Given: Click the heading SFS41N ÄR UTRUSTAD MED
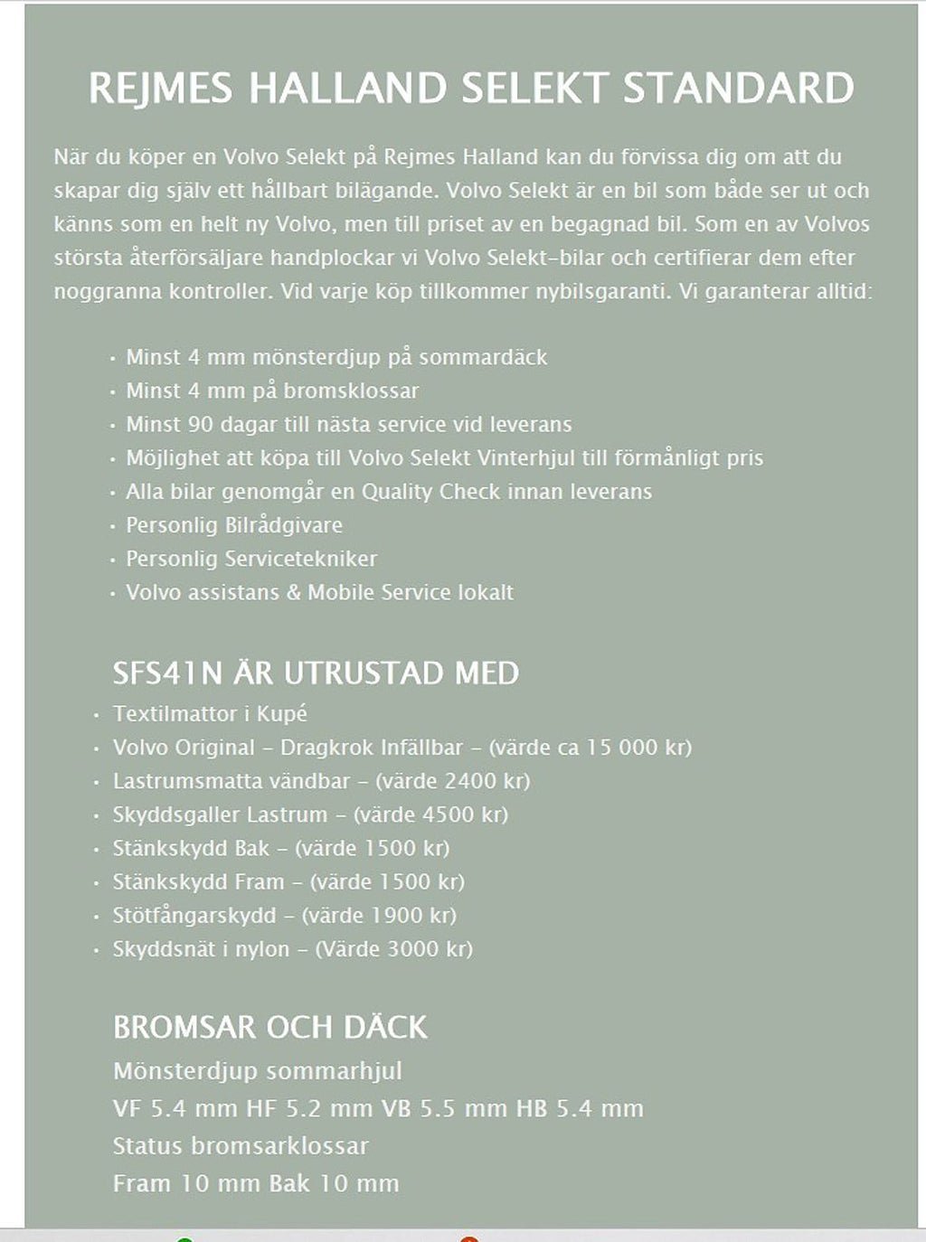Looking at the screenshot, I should [316, 673].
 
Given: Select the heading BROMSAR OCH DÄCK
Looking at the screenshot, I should [269, 1027].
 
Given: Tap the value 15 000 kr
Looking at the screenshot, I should [637, 748].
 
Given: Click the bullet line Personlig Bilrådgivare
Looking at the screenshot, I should [233, 525].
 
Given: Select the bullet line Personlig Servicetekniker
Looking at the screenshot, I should [250, 559].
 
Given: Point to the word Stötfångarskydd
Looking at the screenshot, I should [194, 915].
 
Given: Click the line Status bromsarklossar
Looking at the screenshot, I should [241, 1146].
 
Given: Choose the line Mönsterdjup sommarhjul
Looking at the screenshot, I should [258, 1071].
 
